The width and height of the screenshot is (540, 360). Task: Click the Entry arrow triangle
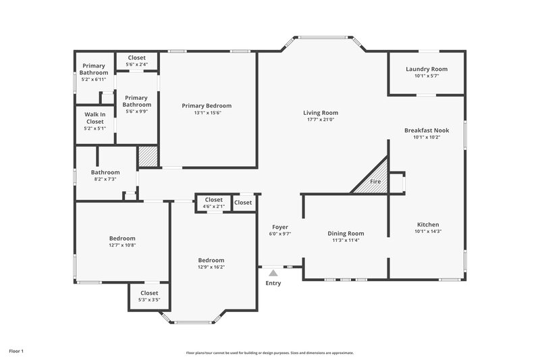coord(273,273)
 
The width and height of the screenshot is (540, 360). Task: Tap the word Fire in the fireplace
coord(375,182)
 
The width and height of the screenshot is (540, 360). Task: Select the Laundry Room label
coord(426,69)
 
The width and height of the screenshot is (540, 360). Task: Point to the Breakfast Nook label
coord(426,130)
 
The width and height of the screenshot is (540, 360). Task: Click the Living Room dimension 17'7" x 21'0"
coord(320,120)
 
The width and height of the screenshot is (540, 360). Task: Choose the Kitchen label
coord(428,224)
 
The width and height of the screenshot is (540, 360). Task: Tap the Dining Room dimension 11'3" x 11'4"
coord(346,240)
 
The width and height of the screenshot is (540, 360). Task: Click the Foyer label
coord(280,227)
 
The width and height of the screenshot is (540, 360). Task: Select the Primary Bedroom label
coord(207,105)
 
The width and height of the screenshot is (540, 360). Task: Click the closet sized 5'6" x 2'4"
coord(136,65)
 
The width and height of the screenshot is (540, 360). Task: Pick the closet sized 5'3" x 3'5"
coord(148,299)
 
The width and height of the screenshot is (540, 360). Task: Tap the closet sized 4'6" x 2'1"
coord(213,206)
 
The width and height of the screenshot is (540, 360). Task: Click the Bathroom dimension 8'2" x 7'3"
coord(105,179)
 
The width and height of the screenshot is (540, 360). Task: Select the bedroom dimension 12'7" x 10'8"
coord(122,245)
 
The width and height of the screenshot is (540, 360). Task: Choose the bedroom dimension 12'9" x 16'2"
coord(211,267)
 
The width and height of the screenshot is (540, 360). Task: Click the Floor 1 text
coord(16,351)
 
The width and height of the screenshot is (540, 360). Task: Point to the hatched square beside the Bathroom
coord(147,157)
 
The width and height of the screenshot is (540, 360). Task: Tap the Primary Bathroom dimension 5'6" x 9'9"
coord(136,111)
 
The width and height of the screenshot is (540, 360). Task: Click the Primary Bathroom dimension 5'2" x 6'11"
coord(94,79)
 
